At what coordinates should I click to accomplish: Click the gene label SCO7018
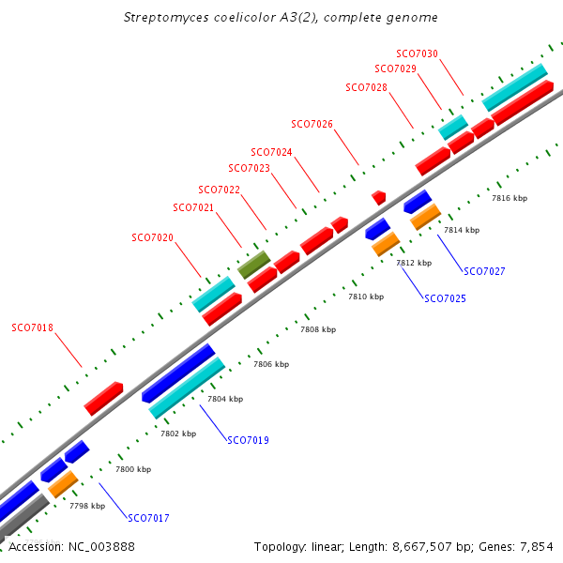tap(32, 328)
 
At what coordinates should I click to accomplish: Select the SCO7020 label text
tap(152, 237)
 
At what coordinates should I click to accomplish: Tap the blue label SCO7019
tap(248, 440)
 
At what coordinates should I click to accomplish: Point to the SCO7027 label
tap(484, 271)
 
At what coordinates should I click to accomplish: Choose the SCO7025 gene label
tap(445, 298)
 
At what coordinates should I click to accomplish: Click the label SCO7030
tap(417, 54)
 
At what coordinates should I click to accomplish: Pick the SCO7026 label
tap(312, 124)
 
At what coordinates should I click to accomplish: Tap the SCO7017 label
tap(148, 518)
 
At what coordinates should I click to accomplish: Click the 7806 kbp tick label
tap(271, 364)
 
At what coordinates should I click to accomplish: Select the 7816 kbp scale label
tap(510, 199)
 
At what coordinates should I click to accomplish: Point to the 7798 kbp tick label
tap(87, 506)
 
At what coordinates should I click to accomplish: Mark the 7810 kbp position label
tap(366, 297)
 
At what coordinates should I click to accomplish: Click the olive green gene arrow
tap(253, 264)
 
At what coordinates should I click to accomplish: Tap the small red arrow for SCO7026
tap(379, 197)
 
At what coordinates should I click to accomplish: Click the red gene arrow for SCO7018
tap(104, 398)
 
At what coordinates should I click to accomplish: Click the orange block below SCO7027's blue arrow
tap(425, 217)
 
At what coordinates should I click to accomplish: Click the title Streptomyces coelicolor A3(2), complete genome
tap(281, 18)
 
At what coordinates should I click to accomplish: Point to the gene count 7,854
tap(534, 546)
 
